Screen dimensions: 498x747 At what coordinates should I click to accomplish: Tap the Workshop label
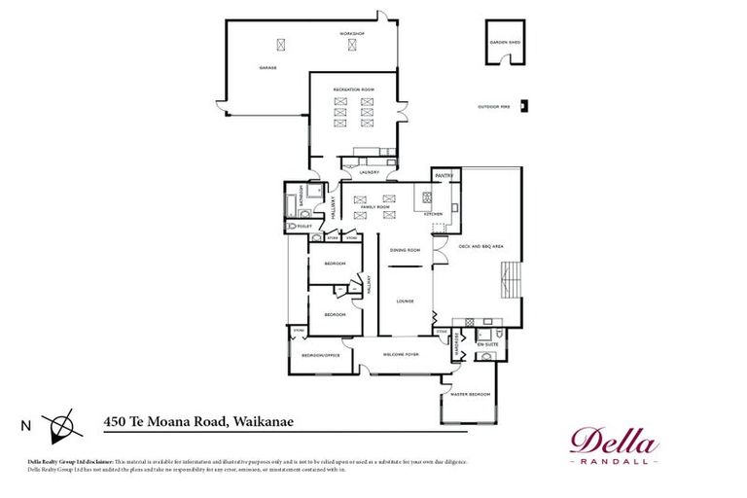pyautogui.click(x=351, y=34)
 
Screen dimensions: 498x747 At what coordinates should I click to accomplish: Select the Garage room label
pyautogui.click(x=267, y=68)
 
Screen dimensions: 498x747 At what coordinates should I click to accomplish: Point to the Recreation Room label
pyautogui.click(x=353, y=89)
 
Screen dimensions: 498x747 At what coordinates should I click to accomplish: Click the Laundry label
pyautogui.click(x=369, y=172)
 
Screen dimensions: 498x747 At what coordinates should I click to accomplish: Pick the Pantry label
pyautogui.click(x=445, y=176)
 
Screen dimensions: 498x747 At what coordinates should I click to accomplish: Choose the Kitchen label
pyautogui.click(x=433, y=213)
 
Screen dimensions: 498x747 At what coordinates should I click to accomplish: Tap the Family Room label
pyautogui.click(x=375, y=207)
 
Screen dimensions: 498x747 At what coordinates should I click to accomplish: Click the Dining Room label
pyautogui.click(x=405, y=250)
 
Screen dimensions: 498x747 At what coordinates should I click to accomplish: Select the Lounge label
pyautogui.click(x=405, y=301)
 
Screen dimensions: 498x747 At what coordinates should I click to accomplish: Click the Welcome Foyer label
pyautogui.click(x=400, y=354)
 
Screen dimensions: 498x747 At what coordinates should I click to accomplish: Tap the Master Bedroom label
pyautogui.click(x=468, y=394)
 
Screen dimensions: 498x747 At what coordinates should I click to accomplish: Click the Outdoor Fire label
pyautogui.click(x=493, y=107)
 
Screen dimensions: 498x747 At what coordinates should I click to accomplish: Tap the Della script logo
pyautogui.click(x=614, y=440)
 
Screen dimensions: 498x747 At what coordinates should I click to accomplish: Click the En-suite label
pyautogui.click(x=485, y=344)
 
